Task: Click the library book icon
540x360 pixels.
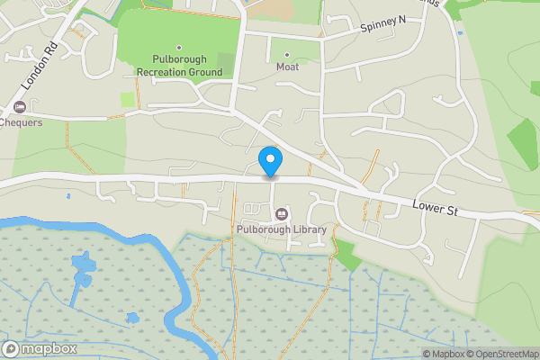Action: pos(283,214)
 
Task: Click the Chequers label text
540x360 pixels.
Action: pos(22,122)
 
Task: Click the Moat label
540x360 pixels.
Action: pos(288,66)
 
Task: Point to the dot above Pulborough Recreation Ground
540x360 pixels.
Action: pos(178,47)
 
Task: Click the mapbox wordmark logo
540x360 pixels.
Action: pos(49,348)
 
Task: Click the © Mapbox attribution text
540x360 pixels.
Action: pos(444,354)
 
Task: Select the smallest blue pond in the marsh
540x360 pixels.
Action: pos(132,318)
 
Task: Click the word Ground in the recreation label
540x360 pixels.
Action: pos(202,71)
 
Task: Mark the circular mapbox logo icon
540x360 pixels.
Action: pos(11,348)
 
